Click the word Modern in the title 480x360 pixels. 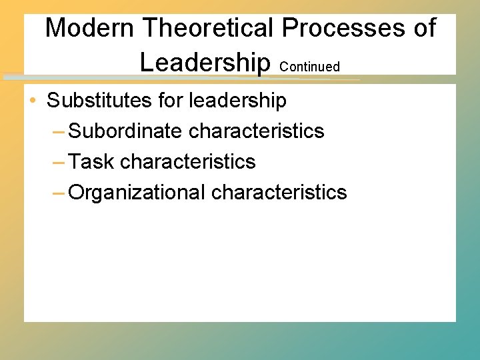[91, 28]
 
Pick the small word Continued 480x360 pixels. [310, 67]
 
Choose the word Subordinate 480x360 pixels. [125, 131]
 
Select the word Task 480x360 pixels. [91, 161]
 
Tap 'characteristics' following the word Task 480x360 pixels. [188, 161]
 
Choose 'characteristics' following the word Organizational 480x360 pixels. [279, 192]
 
